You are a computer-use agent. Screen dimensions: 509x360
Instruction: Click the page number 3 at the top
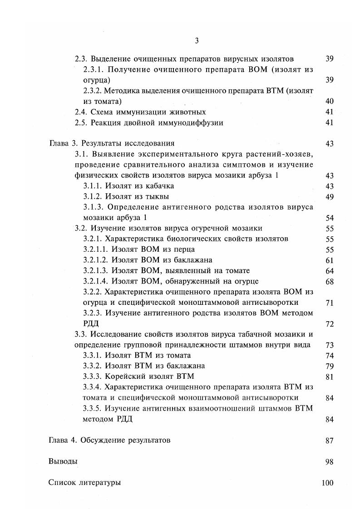(x=197, y=41)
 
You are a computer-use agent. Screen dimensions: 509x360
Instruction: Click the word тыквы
(x=156, y=196)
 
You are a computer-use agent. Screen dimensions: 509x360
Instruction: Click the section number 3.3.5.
(x=93, y=408)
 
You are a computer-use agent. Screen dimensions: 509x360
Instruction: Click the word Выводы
(x=63, y=461)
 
